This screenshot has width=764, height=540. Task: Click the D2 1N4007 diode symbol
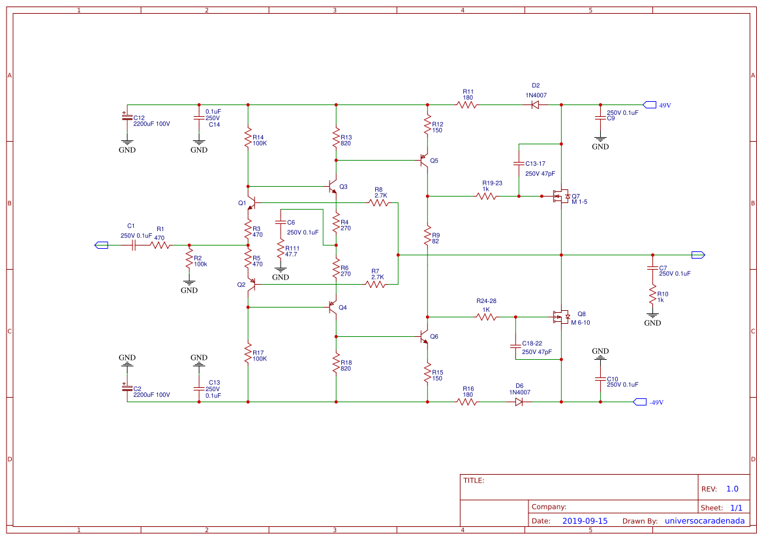[x=535, y=104]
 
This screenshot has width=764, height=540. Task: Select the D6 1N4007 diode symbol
[x=519, y=402]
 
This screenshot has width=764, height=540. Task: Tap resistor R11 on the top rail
[x=467, y=104]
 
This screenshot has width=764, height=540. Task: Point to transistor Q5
[x=424, y=160]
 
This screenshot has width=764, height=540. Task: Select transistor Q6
[x=424, y=337]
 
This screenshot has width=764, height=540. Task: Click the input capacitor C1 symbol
[x=133, y=246]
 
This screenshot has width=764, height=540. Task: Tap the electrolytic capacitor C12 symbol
[x=127, y=116]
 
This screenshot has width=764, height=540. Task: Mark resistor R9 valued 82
[x=427, y=235]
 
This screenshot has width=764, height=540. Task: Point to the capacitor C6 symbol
[x=281, y=223]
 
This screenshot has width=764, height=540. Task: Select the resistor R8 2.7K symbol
[x=379, y=203]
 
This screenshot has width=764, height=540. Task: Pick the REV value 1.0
[x=732, y=489]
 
